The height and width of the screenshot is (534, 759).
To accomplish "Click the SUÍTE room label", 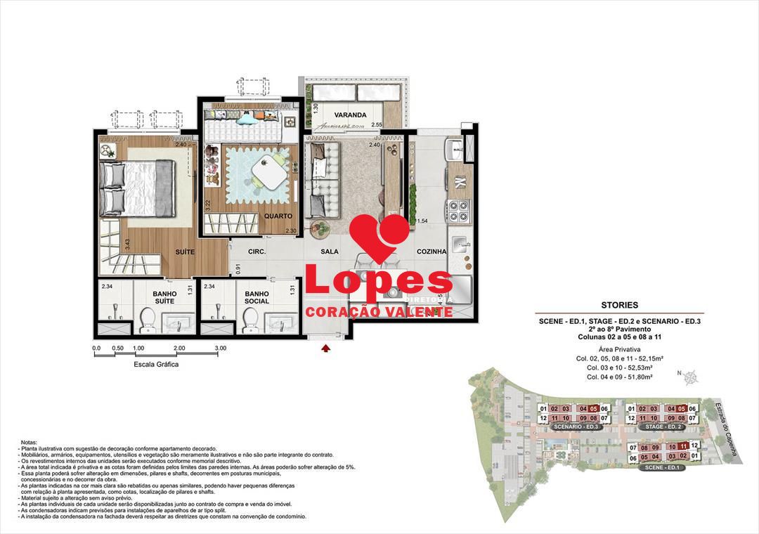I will [x=186, y=251].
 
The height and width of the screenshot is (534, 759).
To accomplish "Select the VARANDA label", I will [x=350, y=115].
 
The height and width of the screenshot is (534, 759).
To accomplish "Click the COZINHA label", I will [x=432, y=252].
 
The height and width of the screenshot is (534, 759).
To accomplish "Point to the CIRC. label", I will [x=256, y=252].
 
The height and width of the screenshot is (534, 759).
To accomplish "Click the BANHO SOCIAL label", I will [x=257, y=297].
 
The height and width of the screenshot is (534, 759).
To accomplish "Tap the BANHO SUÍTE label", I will [x=164, y=297].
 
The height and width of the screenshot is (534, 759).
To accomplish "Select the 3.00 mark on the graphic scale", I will [x=220, y=348].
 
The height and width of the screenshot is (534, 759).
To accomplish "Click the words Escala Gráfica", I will [x=156, y=365].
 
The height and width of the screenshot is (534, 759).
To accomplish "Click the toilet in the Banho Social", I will [x=248, y=322].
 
